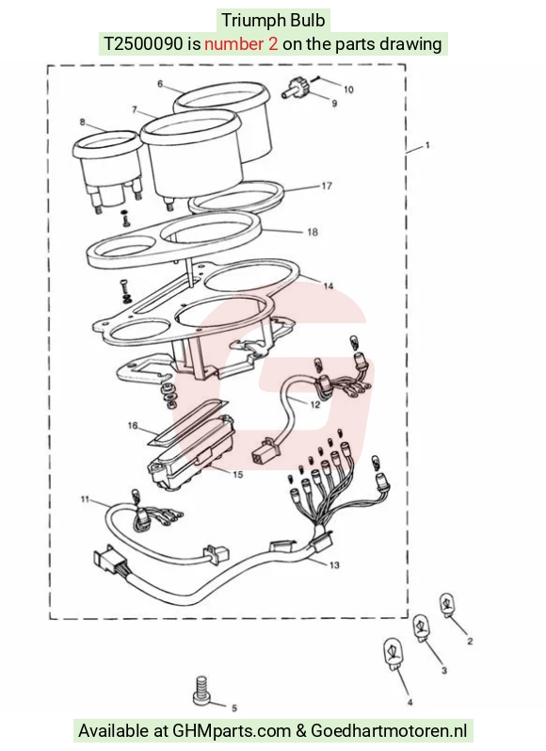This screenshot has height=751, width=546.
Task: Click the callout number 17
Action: (327, 186)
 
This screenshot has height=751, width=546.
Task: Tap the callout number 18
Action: (313, 233)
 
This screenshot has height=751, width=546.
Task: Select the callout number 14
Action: (329, 286)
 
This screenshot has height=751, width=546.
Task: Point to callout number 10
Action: (348, 90)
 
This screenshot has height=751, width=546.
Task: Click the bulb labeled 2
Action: (447, 605)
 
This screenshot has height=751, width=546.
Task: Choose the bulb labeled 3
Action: (422, 628)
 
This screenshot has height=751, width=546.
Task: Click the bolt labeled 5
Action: (201, 690)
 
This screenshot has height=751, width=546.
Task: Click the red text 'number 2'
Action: (241, 44)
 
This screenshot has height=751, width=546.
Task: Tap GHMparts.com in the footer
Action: (232, 731)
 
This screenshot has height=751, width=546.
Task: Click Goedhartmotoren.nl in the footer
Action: (389, 731)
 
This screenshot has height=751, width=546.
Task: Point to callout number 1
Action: (427, 145)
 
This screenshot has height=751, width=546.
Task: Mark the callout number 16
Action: (133, 425)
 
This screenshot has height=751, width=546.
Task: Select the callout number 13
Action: (334, 565)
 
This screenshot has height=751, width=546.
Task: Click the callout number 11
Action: (85, 499)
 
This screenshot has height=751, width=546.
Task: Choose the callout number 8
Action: (82, 122)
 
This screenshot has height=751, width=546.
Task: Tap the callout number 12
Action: (314, 405)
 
